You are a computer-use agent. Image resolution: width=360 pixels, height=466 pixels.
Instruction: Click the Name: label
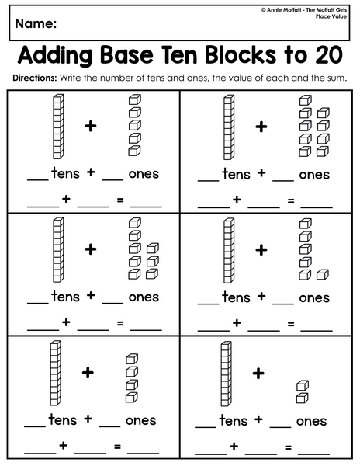tap(36, 23)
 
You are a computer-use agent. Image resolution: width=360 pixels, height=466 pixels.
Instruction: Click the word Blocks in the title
tap(241, 55)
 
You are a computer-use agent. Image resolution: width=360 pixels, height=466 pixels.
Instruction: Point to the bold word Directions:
tap(34, 78)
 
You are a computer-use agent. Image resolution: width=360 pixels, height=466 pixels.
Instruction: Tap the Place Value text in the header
tap(331, 16)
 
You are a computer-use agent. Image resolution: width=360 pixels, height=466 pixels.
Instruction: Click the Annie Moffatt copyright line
tap(304, 10)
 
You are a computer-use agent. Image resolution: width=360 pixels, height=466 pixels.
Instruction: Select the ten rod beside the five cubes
tap(58, 127)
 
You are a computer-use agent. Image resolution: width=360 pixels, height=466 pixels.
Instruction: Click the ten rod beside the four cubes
tap(56, 374)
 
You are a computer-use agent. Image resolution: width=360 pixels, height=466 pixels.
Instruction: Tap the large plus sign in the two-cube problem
tap(258, 374)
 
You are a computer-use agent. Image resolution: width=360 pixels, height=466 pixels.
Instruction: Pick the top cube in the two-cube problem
tap(303, 385)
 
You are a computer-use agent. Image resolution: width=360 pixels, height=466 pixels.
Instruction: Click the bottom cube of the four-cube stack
tap(132, 398)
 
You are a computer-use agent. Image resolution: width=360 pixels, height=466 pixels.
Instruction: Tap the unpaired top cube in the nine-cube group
tap(306, 100)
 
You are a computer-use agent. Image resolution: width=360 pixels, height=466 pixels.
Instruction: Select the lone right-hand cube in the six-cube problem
tap(323, 275)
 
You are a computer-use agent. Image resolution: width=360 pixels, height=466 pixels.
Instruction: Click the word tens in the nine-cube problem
tap(236, 173)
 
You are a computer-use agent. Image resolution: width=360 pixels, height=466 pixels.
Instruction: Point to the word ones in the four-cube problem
tap(140, 420)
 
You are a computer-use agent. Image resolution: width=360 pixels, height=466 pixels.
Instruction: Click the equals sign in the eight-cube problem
tap(120, 323)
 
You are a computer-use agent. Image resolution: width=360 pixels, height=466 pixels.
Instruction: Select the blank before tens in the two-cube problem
tap(206, 427)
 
